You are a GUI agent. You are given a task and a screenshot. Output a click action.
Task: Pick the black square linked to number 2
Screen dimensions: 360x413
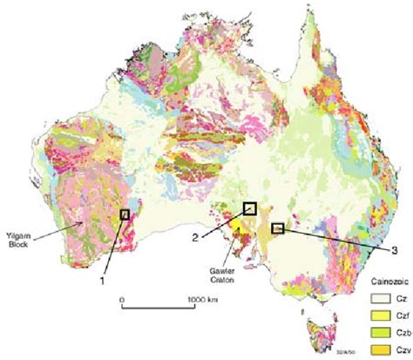[249, 207]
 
